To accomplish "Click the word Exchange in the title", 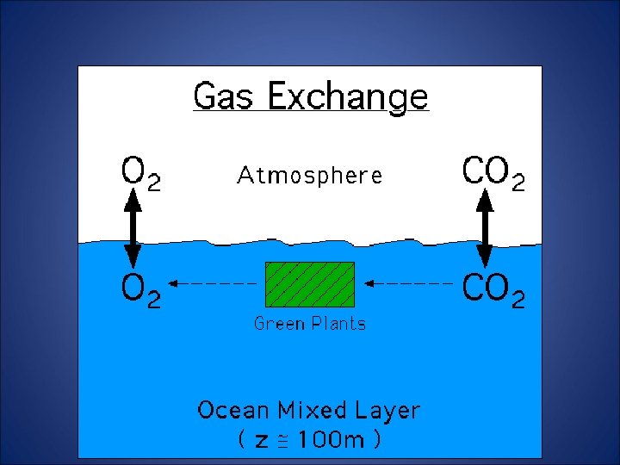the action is point(347,96).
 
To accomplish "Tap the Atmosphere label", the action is point(309,176).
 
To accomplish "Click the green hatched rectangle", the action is point(309,284).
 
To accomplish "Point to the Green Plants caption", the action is point(309,324).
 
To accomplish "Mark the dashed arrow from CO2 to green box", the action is point(409,282).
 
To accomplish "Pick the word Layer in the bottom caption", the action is point(388,411).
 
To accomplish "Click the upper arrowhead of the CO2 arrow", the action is point(485,201).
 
